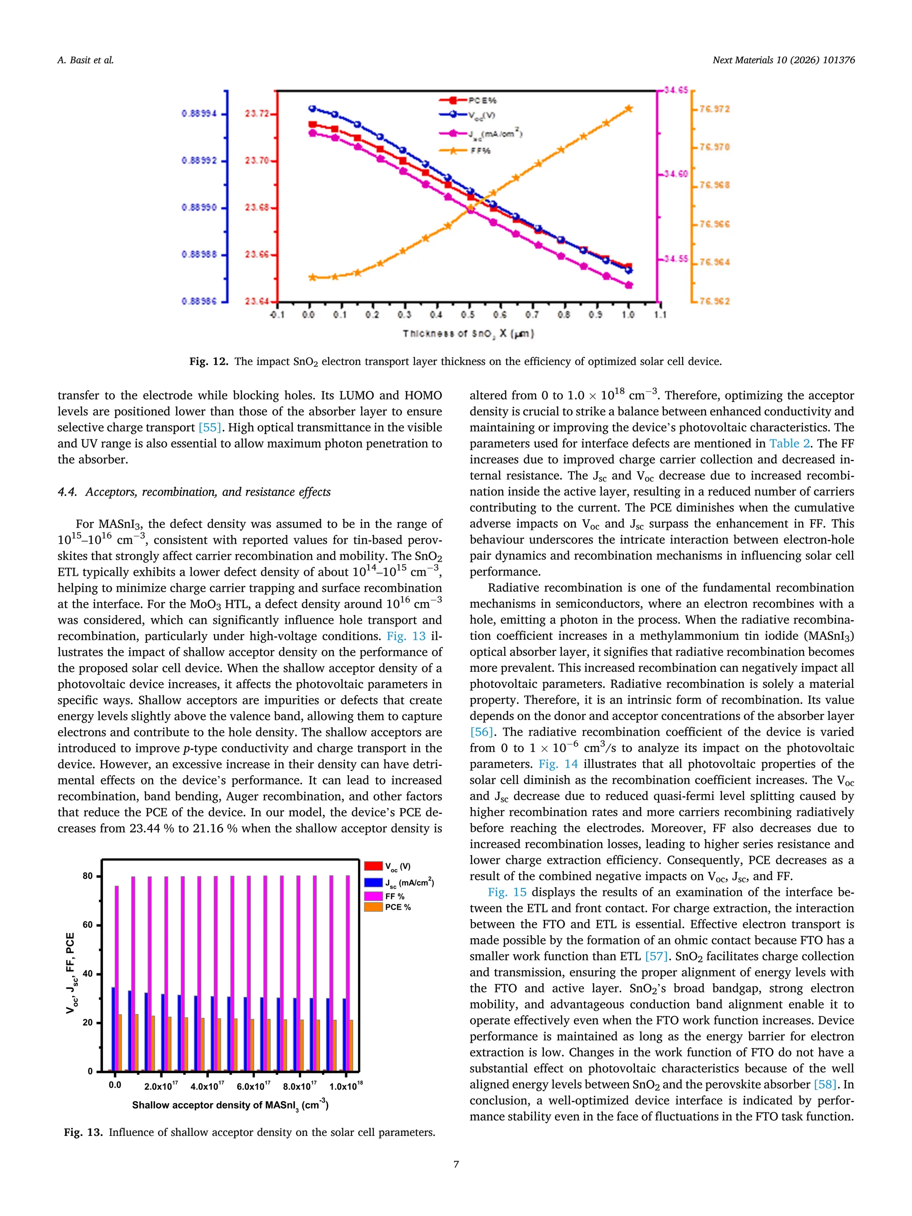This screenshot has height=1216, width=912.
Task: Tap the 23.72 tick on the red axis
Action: (x=257, y=114)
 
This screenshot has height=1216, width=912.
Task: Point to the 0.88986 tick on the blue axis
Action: (x=199, y=301)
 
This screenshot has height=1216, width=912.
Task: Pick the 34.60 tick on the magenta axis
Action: (x=676, y=174)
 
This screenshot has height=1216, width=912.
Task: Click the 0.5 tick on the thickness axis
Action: (x=468, y=315)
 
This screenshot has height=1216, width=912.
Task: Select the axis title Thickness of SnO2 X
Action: (x=468, y=333)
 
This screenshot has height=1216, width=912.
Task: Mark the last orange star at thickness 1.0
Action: (x=629, y=109)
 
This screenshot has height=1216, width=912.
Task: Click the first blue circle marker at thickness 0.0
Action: (x=312, y=108)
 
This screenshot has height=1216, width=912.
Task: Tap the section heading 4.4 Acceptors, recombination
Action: (x=194, y=492)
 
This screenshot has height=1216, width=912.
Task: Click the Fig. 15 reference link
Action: (x=507, y=892)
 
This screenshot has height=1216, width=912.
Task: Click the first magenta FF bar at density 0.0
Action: (x=117, y=979)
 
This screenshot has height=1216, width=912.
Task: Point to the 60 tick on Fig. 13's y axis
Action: (x=88, y=925)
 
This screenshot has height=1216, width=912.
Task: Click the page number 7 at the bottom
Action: (x=456, y=1164)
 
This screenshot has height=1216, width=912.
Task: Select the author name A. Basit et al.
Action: (x=85, y=61)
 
